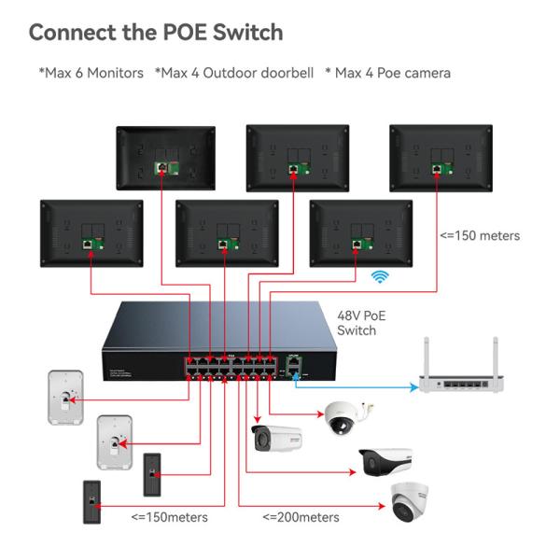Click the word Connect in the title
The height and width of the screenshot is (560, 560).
[77, 32]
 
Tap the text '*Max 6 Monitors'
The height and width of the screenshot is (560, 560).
[91, 72]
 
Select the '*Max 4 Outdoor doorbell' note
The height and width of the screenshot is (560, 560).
[233, 72]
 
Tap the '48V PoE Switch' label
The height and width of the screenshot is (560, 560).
[359, 323]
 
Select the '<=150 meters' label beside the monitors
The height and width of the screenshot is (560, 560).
[480, 235]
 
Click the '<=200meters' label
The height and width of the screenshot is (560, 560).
[301, 517]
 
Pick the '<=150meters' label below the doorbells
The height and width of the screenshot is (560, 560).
[169, 517]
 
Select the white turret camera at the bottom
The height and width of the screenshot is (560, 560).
[411, 505]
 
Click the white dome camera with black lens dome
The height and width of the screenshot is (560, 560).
[344, 418]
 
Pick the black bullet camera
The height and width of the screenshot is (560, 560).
[385, 461]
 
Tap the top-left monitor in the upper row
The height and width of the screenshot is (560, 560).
[165, 157]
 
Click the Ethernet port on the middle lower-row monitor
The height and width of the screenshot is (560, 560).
[222, 244]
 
